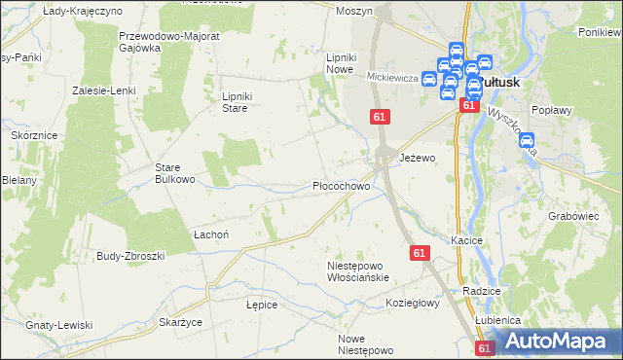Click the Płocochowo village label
click(340, 185)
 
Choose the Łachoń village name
click(210, 234)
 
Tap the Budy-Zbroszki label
click(130, 255)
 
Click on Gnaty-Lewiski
click(59, 324)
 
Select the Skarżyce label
click(180, 321)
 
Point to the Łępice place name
click(262, 305)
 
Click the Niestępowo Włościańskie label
click(358, 270)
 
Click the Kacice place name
click(467, 238)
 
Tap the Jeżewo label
click(418, 157)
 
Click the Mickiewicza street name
click(392, 76)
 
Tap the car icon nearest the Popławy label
click(528, 141)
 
